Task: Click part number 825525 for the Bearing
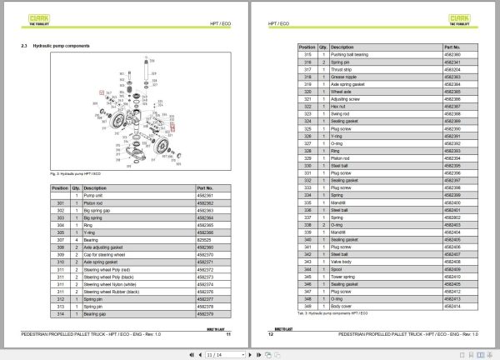tap(202, 240)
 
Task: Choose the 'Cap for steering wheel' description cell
tap(108, 255)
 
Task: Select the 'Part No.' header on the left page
tap(205, 188)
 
